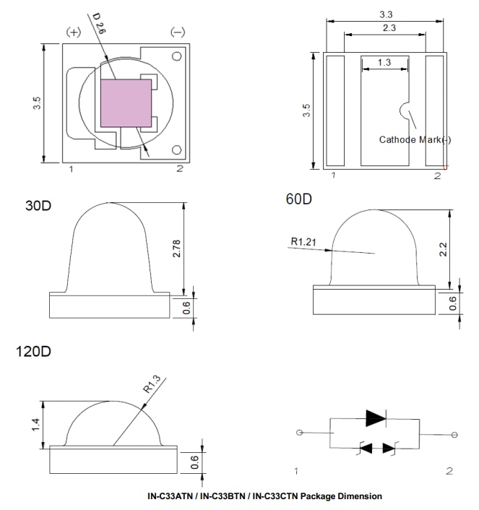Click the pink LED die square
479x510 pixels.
(125, 103)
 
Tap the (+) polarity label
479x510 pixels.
(74, 33)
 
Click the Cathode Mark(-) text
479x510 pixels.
(415, 139)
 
